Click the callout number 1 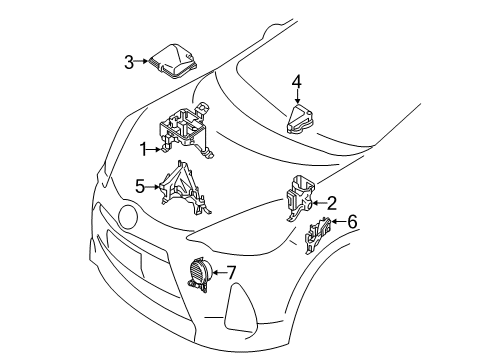(143, 148)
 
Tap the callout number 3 (128, 63)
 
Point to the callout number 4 (296, 80)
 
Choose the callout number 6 (351, 222)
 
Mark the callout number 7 (231, 272)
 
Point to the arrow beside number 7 (217, 272)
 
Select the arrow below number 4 (296, 96)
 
